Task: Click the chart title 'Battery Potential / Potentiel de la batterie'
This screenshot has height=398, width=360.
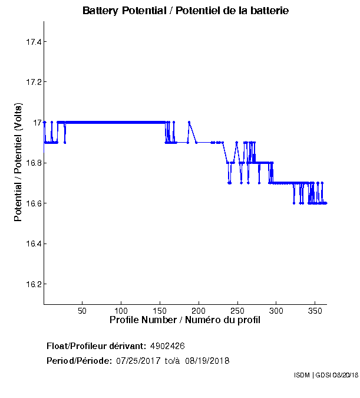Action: [186, 11]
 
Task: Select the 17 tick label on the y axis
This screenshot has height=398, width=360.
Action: [35, 123]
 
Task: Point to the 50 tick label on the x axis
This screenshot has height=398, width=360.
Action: [82, 310]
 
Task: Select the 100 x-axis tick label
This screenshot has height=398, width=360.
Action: [121, 310]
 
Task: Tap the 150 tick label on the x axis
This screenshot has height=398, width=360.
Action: [160, 310]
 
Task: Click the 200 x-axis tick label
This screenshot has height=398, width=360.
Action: [199, 310]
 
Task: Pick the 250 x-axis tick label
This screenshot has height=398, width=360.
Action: [237, 310]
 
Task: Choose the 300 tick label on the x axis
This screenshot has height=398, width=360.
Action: [276, 310]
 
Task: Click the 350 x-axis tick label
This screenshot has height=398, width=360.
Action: [315, 310]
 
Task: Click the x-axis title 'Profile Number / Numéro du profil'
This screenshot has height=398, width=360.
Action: [185, 320]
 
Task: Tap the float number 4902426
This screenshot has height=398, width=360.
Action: [171, 346]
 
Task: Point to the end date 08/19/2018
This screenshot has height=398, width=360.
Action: [207, 360]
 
